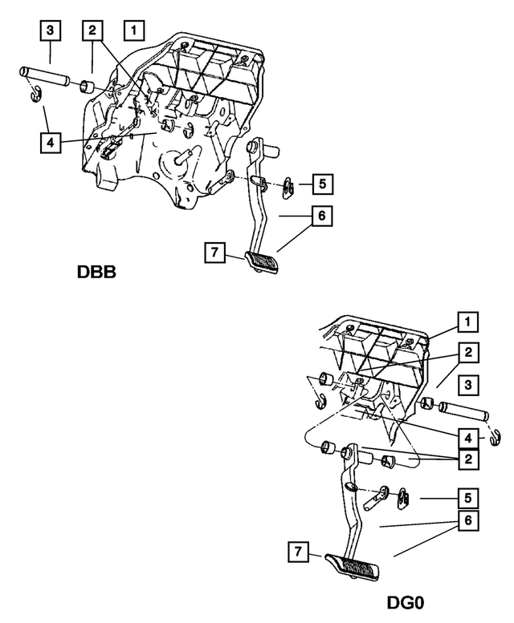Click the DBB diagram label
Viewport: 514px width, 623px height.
(97, 271)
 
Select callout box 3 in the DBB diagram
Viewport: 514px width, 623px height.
(50, 31)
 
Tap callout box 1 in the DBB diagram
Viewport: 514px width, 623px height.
(133, 31)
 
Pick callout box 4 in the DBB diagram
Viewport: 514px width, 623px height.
(50, 144)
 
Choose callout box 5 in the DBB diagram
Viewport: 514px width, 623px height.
(321, 184)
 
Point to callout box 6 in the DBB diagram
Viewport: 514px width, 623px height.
(321, 216)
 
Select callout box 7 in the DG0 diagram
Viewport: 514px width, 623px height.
(299, 552)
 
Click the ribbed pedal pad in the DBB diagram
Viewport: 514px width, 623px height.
(261, 261)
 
